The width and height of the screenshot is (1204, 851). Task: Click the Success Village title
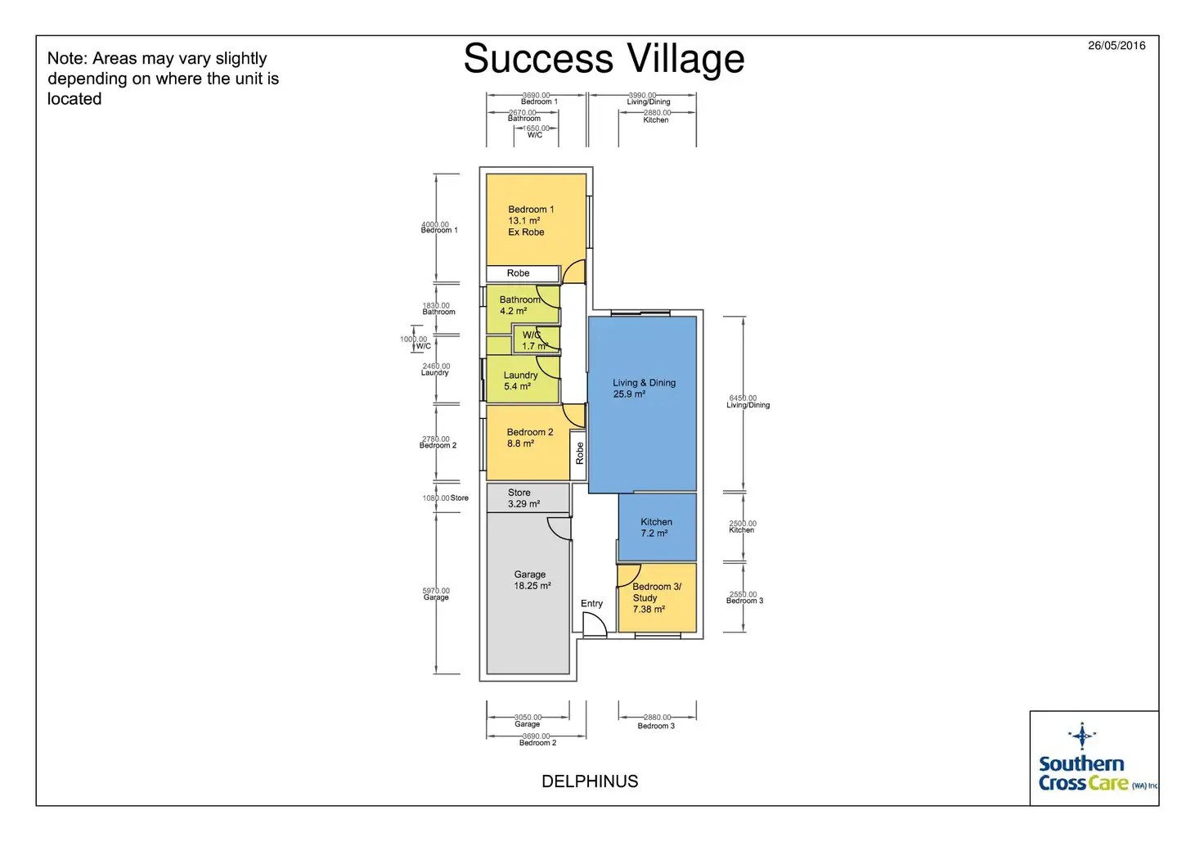pyautogui.click(x=604, y=59)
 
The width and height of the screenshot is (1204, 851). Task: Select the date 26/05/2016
pyautogui.click(x=1116, y=46)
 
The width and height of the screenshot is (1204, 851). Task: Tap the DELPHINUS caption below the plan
pyautogui.click(x=590, y=781)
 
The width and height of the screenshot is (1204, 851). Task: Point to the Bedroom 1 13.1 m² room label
pyautogui.click(x=530, y=220)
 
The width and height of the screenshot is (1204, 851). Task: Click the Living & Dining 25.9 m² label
pyautogui.click(x=644, y=388)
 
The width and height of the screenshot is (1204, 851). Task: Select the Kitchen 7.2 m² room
pyautogui.click(x=656, y=527)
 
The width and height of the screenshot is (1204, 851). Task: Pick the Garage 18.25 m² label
pyautogui.click(x=531, y=580)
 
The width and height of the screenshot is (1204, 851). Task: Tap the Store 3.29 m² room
pyautogui.click(x=523, y=498)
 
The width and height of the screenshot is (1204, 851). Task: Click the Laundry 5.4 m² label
pyautogui.click(x=519, y=380)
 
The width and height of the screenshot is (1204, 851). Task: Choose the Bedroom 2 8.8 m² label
pyautogui.click(x=529, y=438)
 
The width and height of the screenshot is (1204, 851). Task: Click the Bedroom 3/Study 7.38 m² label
pyautogui.click(x=656, y=597)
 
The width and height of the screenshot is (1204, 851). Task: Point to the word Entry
pyautogui.click(x=591, y=604)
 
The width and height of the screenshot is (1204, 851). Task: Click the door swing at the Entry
pyautogui.click(x=593, y=624)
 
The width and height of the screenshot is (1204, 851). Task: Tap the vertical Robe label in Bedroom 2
pyautogui.click(x=579, y=453)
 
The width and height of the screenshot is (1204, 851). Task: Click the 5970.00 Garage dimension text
pyautogui.click(x=436, y=593)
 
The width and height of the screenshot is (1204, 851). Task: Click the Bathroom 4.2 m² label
pyautogui.click(x=519, y=305)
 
